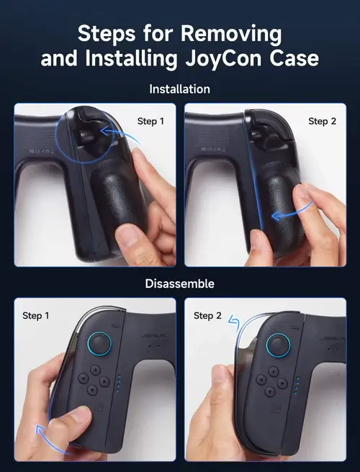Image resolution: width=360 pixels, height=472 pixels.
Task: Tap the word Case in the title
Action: (x=293, y=58)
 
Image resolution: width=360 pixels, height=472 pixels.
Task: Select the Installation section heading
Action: (x=179, y=89)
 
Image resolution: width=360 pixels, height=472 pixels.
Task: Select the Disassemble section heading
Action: (x=179, y=283)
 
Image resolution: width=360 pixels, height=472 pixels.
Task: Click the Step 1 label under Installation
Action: (x=150, y=121)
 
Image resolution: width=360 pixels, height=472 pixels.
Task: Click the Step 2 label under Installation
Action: (x=322, y=121)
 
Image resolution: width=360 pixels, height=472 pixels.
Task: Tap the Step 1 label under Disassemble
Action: (x=36, y=315)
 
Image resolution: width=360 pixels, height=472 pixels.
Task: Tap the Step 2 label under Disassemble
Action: (x=207, y=315)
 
